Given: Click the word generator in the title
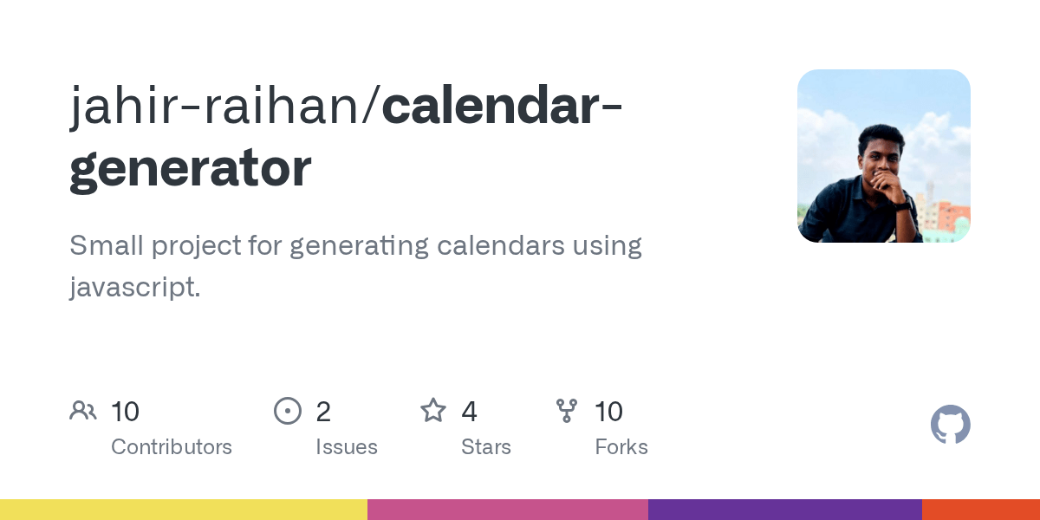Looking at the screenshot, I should (190, 169).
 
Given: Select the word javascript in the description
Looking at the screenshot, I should (132, 287).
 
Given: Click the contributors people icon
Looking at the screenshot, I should (83, 411).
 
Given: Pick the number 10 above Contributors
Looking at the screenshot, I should (126, 412).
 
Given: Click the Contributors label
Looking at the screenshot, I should (172, 447).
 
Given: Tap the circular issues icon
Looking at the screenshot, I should (287, 411).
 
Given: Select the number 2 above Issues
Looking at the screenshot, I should (323, 412).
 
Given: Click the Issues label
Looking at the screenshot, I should (347, 447).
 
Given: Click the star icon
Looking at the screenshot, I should (433, 410).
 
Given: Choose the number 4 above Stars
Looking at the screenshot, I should (469, 412).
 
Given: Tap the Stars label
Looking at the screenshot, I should (486, 447).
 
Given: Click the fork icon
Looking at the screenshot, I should (567, 411).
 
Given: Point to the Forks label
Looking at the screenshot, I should (621, 447).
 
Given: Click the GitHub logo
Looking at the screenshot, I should (950, 425).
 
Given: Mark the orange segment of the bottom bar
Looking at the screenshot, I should (980, 510).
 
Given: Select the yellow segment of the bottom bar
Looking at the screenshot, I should (184, 510).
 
